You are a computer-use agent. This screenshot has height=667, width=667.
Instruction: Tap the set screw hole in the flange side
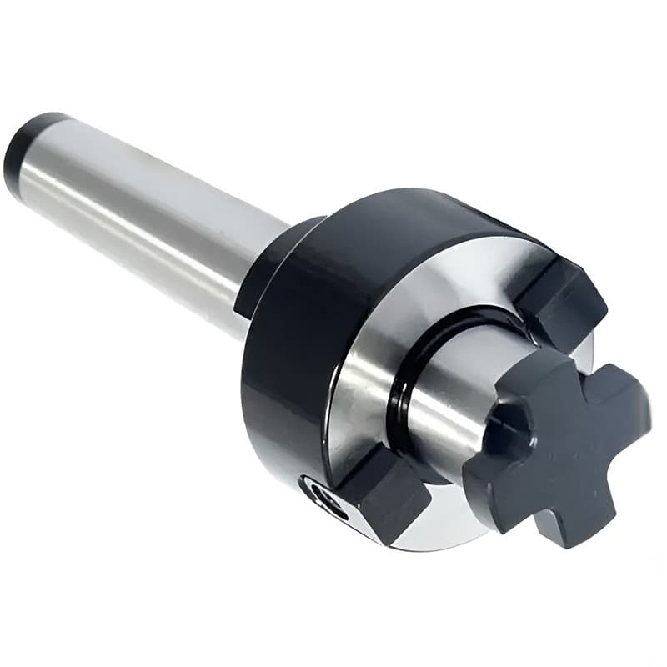tap(327, 500)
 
